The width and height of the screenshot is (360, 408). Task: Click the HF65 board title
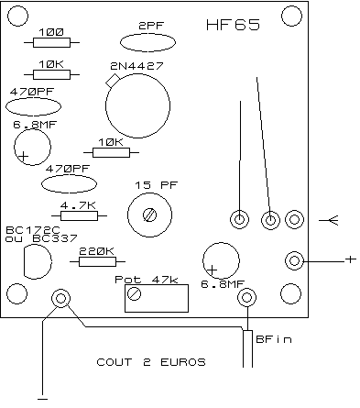point(233,25)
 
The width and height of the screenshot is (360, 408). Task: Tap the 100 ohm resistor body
point(51,43)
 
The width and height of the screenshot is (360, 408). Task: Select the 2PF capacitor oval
point(147,43)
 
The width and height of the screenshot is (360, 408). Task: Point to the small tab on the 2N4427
point(113,81)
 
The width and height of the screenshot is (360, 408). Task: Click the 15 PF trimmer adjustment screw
point(149,215)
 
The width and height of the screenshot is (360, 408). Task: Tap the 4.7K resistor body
point(79,216)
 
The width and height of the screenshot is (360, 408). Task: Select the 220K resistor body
point(97,262)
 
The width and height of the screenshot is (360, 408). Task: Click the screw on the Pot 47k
point(134,294)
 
